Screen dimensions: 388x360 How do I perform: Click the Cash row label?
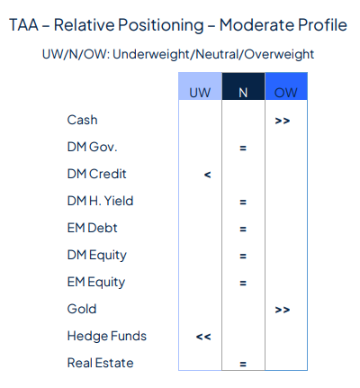[82, 120]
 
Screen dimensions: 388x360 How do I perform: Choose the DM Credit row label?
[95, 174]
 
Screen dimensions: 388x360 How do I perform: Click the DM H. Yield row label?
[99, 201]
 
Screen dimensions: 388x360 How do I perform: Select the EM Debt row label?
[92, 228]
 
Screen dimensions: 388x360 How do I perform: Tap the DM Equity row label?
[95, 255]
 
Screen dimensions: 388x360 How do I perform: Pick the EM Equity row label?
[95, 282]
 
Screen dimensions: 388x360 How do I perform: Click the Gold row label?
[81, 309]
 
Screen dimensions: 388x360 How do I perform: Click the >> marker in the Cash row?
[283, 120]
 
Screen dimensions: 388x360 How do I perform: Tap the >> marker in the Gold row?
[283, 309]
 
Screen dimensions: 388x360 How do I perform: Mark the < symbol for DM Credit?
[207, 174]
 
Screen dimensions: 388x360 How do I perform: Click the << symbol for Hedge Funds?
[203, 336]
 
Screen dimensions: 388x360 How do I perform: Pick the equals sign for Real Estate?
[243, 364]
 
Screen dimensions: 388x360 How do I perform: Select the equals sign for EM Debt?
[243, 228]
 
